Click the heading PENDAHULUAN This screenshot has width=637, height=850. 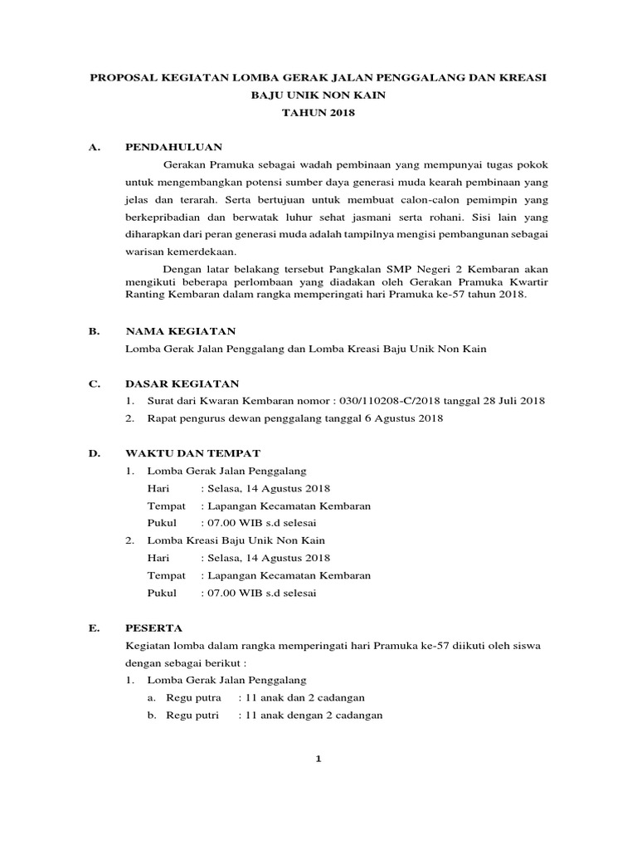coord(173,147)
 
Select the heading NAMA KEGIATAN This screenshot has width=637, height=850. coord(180,330)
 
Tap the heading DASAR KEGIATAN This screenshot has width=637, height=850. coord(182,383)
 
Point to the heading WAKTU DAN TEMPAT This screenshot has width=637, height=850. coord(192,452)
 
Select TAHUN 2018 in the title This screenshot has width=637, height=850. coord(318,112)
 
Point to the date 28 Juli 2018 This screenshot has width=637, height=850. coord(513,401)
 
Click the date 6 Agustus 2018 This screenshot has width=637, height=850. coord(404,418)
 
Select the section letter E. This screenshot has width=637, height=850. coord(95,628)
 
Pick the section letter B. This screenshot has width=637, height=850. coord(95,330)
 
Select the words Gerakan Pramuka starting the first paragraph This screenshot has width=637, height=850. coord(202,164)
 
